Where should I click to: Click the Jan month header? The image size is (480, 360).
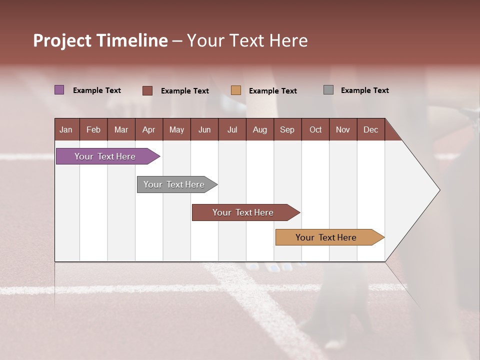(x=66, y=129)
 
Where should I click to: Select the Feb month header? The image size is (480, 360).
(x=93, y=129)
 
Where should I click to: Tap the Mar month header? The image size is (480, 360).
(x=121, y=129)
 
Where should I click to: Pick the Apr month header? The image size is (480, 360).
(x=149, y=129)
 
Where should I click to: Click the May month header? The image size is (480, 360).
(x=176, y=129)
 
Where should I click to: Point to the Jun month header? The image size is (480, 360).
(x=204, y=129)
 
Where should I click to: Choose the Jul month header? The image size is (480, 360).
(x=232, y=129)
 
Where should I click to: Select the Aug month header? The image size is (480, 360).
(x=260, y=129)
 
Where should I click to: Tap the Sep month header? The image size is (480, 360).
(x=287, y=129)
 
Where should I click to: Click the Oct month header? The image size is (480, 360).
(x=315, y=129)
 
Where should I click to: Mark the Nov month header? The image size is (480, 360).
(x=343, y=129)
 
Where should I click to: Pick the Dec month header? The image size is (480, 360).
(x=371, y=129)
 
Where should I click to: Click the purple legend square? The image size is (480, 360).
(x=59, y=90)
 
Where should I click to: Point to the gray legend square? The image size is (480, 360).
(x=328, y=90)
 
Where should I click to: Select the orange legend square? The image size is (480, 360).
(x=236, y=90)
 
